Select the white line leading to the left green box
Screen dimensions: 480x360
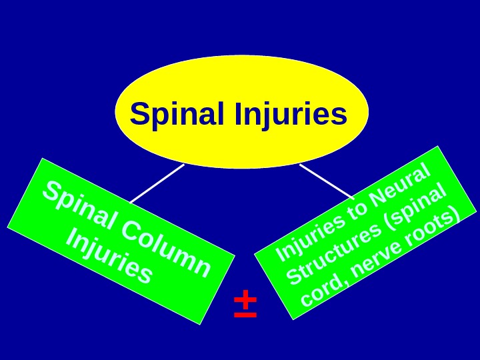pos(157,183)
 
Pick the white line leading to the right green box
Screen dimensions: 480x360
pos(327,181)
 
